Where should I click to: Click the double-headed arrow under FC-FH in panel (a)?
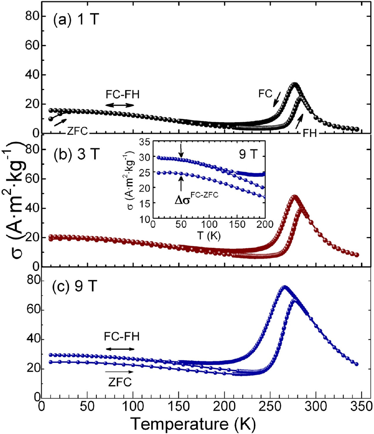pos(120,105)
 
